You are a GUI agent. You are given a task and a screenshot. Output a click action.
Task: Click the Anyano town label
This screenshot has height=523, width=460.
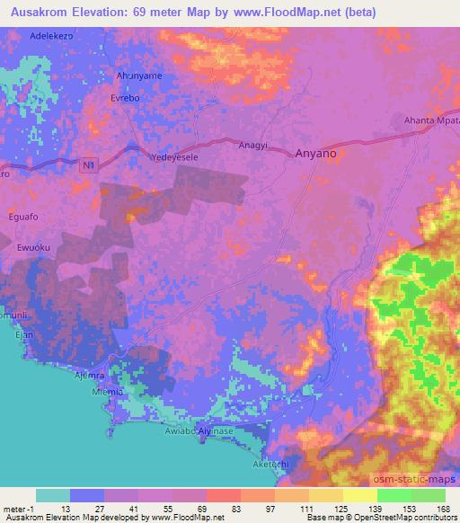tap(315, 154)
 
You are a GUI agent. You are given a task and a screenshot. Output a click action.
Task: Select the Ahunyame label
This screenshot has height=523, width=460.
tap(138, 76)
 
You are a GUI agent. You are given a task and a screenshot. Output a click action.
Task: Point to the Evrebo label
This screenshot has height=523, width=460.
tap(125, 97)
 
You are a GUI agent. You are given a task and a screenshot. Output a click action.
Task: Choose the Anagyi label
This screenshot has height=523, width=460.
tap(252, 144)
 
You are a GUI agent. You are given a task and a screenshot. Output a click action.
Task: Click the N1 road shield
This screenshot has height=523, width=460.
tap(87, 165)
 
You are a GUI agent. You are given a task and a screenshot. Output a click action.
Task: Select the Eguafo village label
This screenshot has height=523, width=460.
tap(30, 216)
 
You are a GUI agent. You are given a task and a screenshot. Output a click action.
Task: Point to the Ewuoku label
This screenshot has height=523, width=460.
tap(35, 247)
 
